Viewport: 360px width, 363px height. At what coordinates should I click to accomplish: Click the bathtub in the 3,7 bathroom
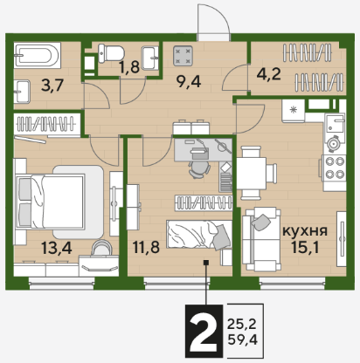38,55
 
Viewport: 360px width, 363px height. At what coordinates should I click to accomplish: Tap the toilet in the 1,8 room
111,53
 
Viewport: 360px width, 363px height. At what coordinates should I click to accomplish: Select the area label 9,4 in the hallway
189,82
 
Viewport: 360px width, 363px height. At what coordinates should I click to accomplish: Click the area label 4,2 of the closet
268,74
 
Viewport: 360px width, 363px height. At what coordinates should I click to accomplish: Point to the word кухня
305,231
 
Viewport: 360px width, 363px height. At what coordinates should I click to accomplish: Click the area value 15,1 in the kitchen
305,248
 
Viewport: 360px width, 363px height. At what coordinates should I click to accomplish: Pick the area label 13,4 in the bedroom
56,248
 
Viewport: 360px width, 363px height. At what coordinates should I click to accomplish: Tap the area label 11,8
146,248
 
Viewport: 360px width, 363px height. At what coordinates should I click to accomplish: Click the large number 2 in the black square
204,331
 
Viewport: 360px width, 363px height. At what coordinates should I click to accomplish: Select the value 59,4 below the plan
243,339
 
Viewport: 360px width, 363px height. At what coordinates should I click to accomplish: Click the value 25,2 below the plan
242,324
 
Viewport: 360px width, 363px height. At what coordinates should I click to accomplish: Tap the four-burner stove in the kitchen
335,170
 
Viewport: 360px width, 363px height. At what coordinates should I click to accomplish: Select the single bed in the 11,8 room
199,235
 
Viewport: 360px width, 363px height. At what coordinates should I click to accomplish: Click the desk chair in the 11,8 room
199,168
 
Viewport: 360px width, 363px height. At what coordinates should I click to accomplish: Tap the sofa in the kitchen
261,239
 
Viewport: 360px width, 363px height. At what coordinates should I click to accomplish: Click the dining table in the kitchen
251,174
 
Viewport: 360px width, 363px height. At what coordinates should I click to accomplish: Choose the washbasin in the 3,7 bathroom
22,92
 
